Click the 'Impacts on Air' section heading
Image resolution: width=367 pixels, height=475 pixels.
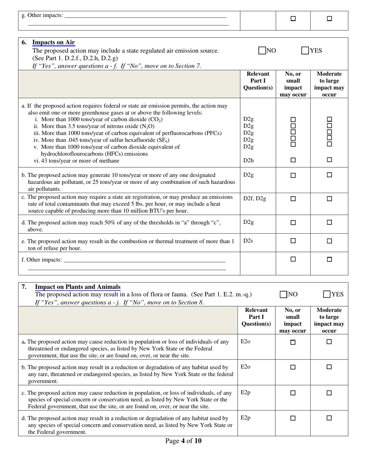[53, 42]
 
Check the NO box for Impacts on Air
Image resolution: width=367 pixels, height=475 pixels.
[262, 51]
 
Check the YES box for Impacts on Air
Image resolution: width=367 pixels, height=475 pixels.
[305, 51]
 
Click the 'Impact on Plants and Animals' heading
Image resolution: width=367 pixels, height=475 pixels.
[78, 287]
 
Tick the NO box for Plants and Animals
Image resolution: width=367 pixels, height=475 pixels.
[284, 295]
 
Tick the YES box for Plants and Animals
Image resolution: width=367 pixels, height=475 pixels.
[327, 295]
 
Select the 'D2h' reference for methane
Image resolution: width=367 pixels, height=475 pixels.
[248, 160]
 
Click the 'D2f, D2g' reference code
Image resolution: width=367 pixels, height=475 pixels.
[255, 198]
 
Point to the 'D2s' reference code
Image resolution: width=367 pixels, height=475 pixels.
[248, 241]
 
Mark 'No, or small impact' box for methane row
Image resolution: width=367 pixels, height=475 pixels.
[293, 160]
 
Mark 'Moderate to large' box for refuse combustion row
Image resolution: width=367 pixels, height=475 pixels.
[329, 241]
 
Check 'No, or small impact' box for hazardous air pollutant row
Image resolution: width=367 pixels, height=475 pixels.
[293, 175]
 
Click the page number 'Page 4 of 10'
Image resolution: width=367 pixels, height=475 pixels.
[183, 441]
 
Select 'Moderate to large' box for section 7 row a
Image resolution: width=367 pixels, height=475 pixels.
[329, 342]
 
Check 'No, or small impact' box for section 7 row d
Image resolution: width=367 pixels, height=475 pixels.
[293, 418]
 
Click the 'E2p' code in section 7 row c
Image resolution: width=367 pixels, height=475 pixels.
[245, 392]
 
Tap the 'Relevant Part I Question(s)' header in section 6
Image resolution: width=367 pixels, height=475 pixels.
[258, 81]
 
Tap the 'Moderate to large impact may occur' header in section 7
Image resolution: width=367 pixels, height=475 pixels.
[329, 320]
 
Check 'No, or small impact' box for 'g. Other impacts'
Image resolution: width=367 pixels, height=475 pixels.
[293, 18]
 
